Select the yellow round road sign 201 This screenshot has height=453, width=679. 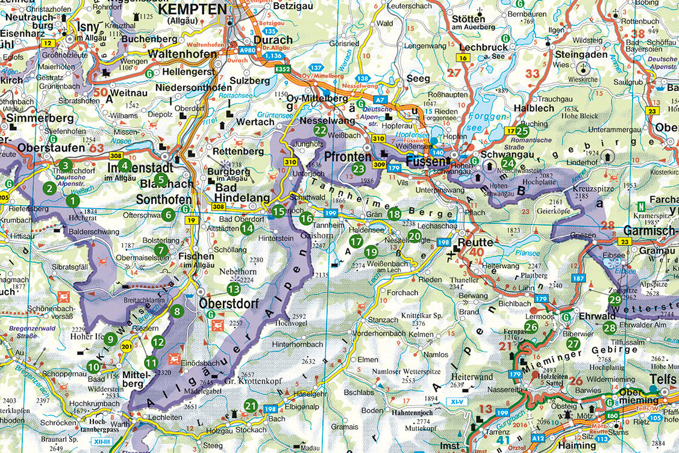click(x=127, y=347)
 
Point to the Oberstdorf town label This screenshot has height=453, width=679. click(x=228, y=304)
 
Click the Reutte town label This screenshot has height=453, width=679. click(x=476, y=242)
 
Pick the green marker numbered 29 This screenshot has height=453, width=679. click(x=615, y=300)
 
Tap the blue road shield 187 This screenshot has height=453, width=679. click(x=578, y=278)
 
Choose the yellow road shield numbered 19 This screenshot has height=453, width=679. click(x=192, y=221)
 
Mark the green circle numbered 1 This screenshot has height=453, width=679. click(x=73, y=201)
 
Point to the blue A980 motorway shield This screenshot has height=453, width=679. click(x=246, y=51)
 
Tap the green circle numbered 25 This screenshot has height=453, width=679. click(x=522, y=130)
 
